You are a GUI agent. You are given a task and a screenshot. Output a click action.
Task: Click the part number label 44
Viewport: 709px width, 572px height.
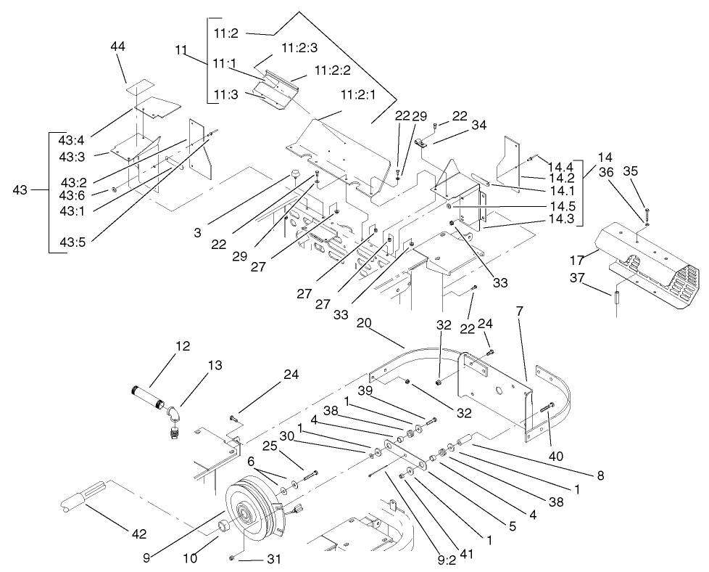pos(118,46)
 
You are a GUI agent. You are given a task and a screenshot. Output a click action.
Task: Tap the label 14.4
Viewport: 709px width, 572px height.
pos(560,166)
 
